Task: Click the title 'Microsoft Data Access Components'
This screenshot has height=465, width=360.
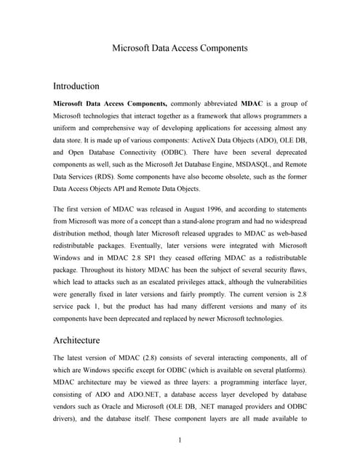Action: tap(180, 48)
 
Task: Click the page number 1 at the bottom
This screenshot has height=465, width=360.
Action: tap(180, 440)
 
